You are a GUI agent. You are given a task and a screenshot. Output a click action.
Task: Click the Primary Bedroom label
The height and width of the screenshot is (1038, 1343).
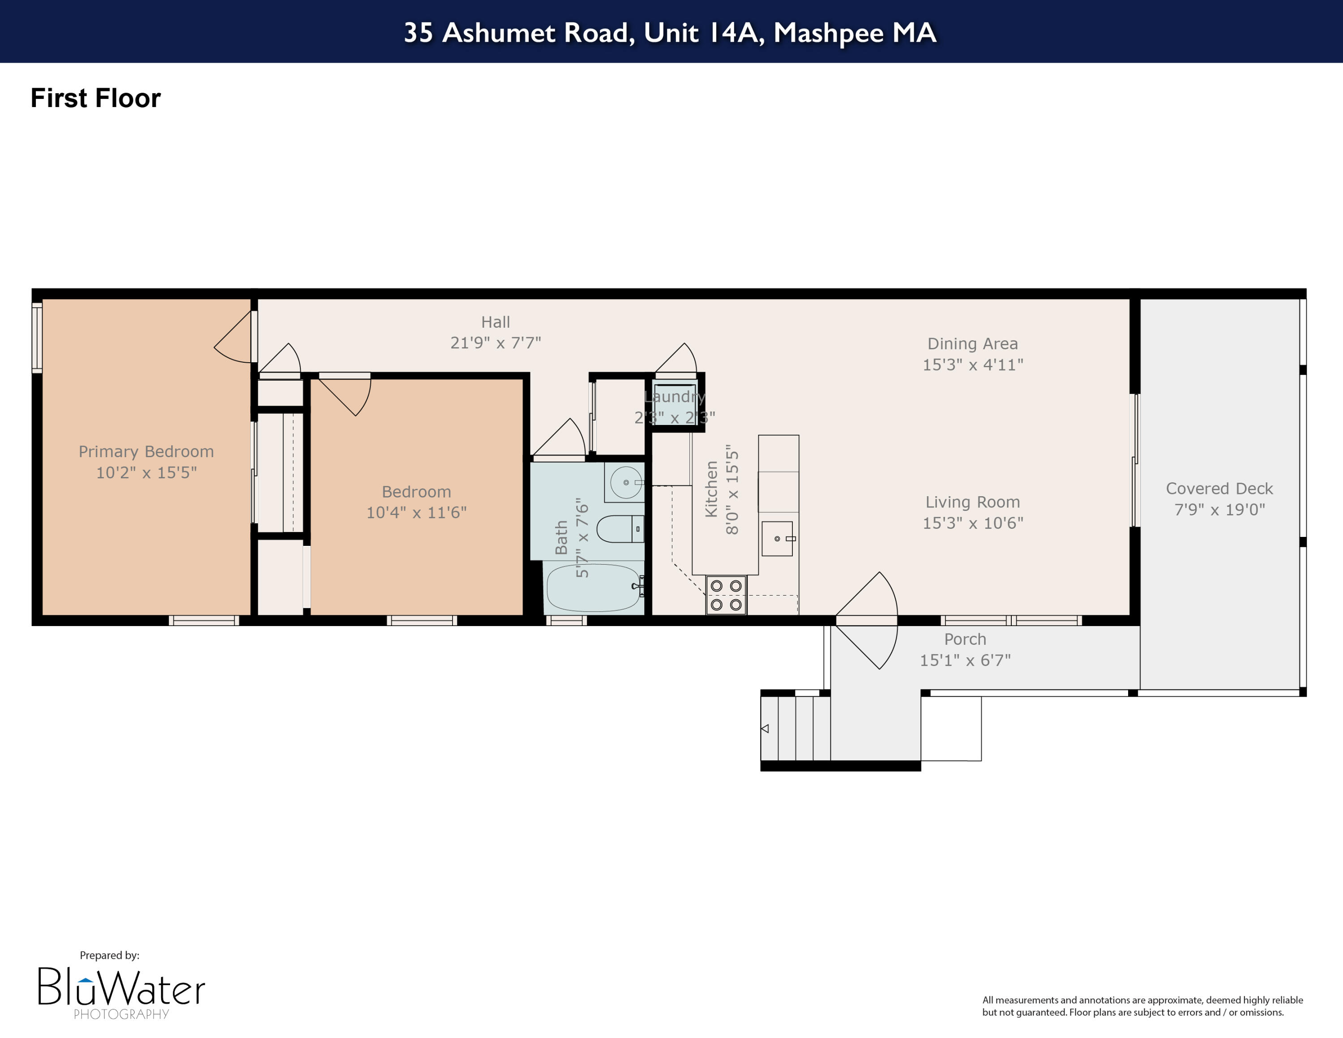146,451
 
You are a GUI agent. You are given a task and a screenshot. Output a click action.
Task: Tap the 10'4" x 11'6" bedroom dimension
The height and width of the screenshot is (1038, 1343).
416,512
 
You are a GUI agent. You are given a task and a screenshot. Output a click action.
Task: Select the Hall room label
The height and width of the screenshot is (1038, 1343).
495,322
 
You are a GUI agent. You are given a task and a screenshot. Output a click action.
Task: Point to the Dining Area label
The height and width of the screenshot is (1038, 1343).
972,344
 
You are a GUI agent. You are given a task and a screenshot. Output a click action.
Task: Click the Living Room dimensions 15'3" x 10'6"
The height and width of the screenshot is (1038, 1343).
972,523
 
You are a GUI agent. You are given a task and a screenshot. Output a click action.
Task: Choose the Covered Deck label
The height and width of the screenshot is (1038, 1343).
1219,488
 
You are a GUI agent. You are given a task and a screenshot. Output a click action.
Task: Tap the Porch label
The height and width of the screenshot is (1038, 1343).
965,639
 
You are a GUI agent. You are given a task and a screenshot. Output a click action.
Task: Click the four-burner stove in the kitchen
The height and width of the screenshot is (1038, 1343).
726,595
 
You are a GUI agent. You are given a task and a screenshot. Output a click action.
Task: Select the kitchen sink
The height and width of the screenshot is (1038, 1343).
777,539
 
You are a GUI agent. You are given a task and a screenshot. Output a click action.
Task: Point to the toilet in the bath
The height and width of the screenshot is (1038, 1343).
620,529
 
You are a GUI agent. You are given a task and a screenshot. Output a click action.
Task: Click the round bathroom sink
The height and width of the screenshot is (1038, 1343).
625,483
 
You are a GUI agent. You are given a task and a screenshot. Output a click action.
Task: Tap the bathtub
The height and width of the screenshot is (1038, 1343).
593,587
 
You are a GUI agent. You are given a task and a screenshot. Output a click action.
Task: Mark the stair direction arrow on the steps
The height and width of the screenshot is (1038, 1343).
765,729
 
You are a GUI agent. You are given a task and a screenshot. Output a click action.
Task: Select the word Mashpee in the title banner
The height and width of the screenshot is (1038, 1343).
828,32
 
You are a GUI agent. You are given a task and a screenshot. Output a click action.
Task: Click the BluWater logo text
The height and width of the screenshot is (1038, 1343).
121,987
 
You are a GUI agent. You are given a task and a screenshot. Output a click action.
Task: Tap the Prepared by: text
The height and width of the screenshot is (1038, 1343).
110,955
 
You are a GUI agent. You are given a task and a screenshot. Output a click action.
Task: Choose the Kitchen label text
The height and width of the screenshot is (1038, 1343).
711,489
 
